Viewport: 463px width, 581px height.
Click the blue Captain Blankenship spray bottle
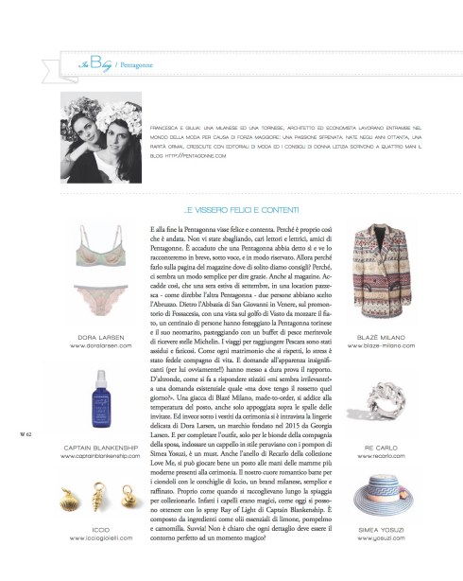pos(98,392)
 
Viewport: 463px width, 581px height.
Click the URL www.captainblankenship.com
pos(98,451)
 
